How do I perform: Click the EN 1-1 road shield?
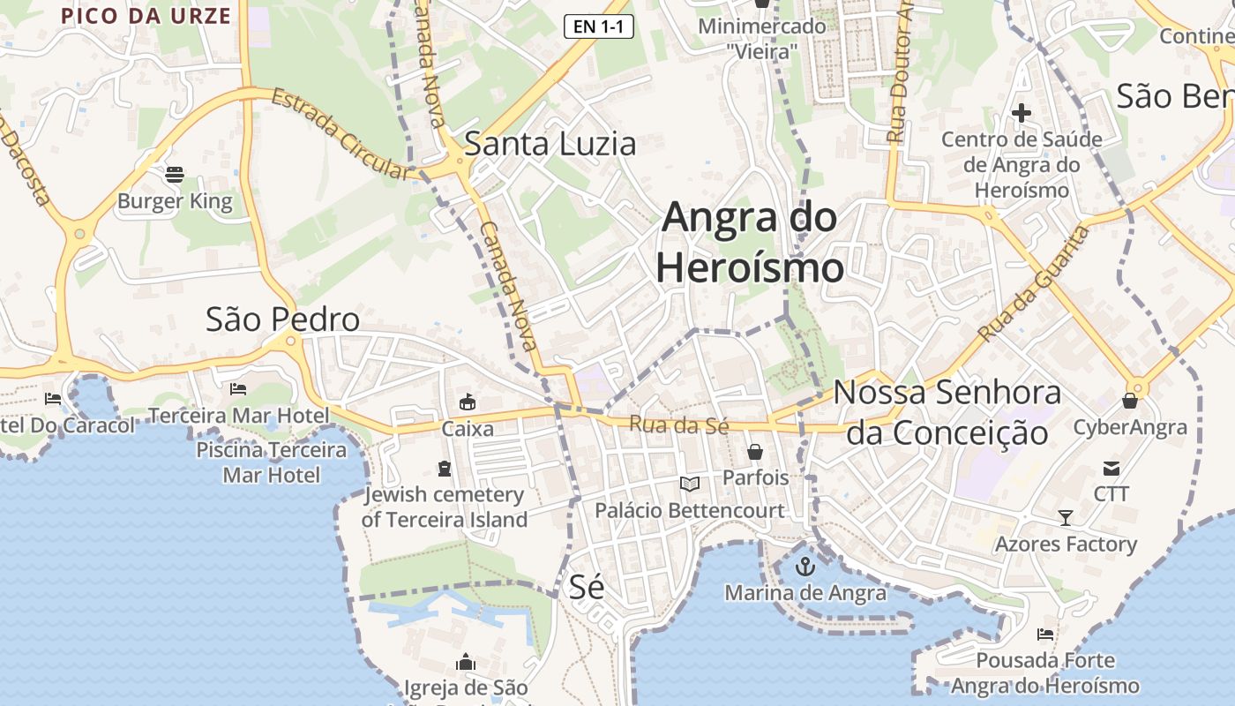[599, 26]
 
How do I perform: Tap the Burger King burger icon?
[175, 174]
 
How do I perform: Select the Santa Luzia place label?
[550, 143]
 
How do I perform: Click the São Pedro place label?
[282, 319]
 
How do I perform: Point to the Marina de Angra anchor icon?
[804, 567]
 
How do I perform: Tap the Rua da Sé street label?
[678, 424]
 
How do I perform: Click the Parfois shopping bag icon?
[755, 452]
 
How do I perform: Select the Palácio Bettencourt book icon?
[689, 484]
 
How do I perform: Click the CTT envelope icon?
[1111, 468]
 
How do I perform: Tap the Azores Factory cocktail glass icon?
[1066, 517]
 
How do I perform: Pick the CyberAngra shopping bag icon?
[1129, 401]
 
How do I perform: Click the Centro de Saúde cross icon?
[1021, 113]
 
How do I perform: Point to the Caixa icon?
[467, 402]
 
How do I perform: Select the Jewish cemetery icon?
[444, 468]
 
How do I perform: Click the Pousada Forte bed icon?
[1045, 634]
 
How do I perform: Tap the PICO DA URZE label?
[146, 16]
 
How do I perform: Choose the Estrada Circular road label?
[341, 133]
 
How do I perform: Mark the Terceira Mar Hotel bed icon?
[237, 388]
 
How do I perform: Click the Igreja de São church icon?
[466, 662]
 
